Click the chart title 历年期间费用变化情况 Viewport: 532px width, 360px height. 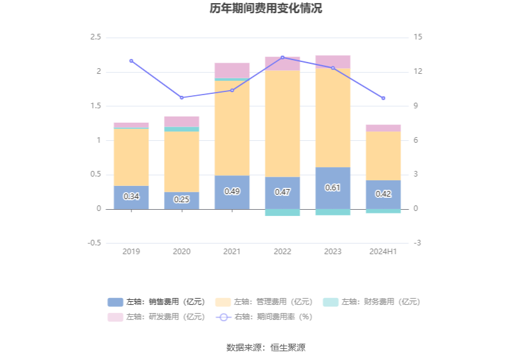click(266, 9)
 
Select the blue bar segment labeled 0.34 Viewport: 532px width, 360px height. click(131, 197)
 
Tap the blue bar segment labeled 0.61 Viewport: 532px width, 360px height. click(332, 188)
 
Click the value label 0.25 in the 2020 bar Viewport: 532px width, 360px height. click(182, 200)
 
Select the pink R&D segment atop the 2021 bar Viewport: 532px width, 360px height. click(232, 70)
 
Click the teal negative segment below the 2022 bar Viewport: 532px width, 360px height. click(282, 212)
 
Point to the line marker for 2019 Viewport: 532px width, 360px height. click(131, 61)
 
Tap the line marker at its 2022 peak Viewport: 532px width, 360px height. click(282, 58)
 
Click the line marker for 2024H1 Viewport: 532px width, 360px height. click(383, 98)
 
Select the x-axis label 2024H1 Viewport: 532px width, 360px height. click(383, 251)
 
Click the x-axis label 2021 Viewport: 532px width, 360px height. click(232, 251)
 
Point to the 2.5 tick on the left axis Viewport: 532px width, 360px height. click(95, 38)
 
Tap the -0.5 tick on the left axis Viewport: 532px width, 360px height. click(94, 243)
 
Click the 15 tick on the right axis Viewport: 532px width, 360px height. click(417, 38)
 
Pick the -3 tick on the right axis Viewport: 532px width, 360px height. click(417, 243)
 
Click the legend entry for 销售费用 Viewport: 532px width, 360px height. click(156, 302)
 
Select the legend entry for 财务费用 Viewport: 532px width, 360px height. click(371, 302)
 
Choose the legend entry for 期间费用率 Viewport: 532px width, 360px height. click(265, 317)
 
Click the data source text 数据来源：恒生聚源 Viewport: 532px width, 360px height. click(266, 347)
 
